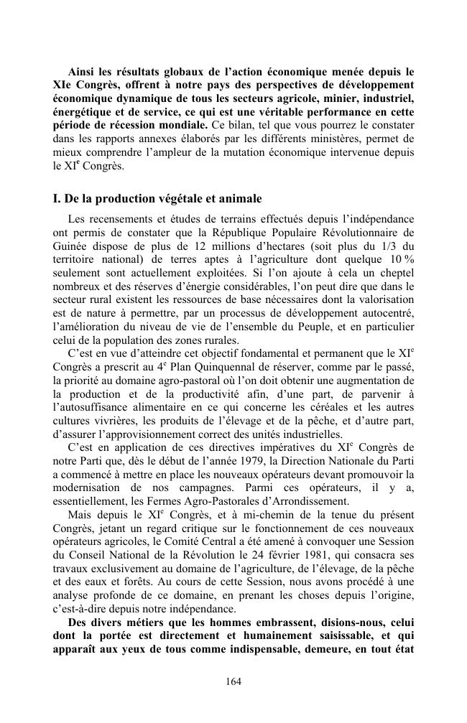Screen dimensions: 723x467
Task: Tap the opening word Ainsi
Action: pos(83,72)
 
